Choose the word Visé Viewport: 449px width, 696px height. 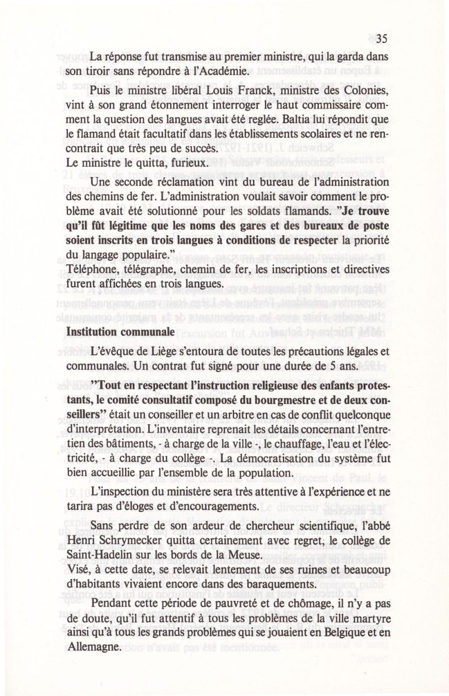coord(76,567)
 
